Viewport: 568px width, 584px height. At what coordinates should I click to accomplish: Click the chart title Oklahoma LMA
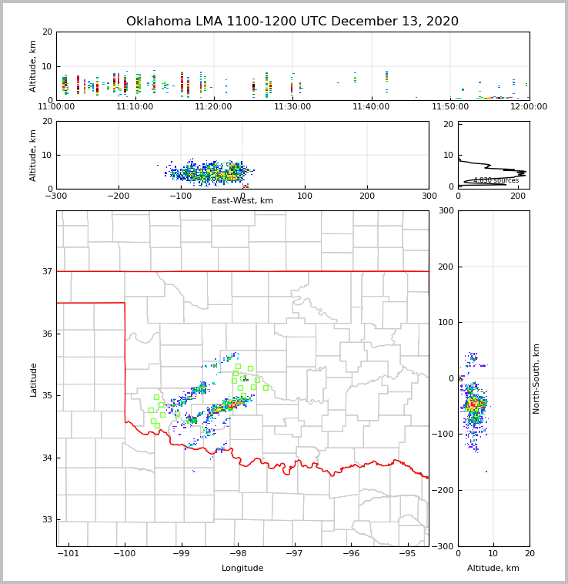tap(292, 22)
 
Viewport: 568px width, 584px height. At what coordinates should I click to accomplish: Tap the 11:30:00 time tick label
tap(292, 106)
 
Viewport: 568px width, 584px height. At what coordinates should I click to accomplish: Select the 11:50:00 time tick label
tap(450, 106)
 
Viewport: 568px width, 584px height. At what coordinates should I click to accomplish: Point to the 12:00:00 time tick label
tap(529, 106)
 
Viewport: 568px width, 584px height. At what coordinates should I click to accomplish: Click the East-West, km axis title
tap(242, 201)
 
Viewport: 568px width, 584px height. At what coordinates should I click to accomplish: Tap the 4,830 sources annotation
tap(496, 180)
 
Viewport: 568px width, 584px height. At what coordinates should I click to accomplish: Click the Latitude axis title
tap(34, 379)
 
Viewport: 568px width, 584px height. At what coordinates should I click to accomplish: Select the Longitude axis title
tap(242, 569)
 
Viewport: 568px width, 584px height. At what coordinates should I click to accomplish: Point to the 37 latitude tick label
tap(46, 271)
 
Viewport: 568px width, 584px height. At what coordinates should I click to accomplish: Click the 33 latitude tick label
tap(46, 519)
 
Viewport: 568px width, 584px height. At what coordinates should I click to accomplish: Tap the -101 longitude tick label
tap(68, 554)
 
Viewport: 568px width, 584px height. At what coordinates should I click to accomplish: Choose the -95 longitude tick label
tap(408, 554)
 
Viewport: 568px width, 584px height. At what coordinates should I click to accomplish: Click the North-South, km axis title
tap(537, 379)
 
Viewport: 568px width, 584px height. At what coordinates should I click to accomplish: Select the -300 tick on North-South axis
tap(445, 546)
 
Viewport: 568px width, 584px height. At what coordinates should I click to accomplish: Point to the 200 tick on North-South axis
tap(445, 267)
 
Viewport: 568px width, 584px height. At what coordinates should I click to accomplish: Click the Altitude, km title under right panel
tap(493, 569)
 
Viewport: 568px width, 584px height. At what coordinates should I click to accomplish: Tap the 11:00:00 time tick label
tap(56, 106)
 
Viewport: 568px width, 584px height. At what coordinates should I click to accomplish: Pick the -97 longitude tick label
tap(295, 554)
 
